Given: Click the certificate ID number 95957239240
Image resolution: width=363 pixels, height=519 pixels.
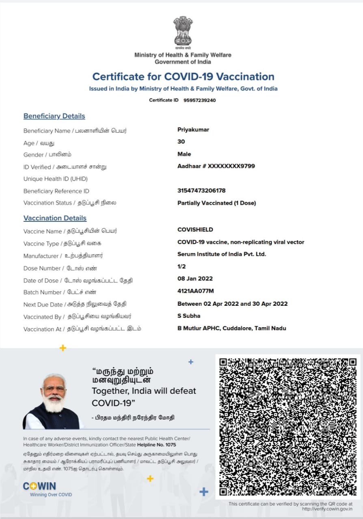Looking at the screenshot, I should coord(199,100).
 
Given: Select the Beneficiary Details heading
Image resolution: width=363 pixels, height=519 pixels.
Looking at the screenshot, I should coord(54,116).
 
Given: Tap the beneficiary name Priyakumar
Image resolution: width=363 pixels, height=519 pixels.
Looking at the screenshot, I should coord(193,130).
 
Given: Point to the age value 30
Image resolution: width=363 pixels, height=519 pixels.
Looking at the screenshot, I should coord(181,142).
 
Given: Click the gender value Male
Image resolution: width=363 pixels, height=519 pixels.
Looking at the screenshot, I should coord(184,154).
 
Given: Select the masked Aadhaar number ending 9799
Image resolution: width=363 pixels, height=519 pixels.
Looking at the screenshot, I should coord(216,166).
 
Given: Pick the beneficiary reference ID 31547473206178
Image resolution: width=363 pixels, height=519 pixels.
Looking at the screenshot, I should coord(201,191).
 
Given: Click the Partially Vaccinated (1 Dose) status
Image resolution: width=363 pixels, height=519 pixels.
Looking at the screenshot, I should coord(216,203).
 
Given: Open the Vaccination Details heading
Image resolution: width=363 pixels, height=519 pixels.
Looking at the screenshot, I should coord(55,218).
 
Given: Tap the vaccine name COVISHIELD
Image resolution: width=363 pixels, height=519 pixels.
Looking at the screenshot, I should coord(195,229).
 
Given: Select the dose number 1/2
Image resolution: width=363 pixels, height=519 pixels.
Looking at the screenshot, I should coord(182,266).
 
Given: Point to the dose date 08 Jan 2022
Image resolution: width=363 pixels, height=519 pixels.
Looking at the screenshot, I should coord(195,279).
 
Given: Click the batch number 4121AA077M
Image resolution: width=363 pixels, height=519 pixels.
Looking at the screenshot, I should coord(195,291).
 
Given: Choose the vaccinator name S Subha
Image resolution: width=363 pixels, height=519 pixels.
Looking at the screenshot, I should coord(189,316).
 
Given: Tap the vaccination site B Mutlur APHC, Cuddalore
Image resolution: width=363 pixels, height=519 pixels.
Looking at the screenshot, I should coord(231,328).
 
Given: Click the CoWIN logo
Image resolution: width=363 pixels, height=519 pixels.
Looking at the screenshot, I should coord(39,486).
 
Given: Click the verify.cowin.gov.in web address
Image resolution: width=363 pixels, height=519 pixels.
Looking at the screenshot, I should coord(327,509).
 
